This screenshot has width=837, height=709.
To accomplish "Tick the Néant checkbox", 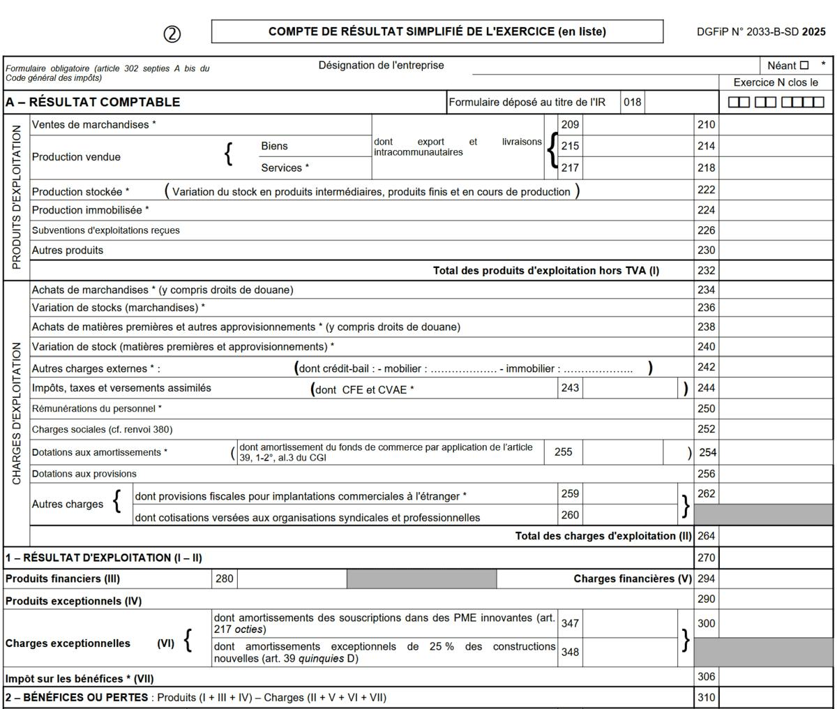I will click(x=804, y=66).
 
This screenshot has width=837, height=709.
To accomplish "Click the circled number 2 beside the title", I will click(x=172, y=33).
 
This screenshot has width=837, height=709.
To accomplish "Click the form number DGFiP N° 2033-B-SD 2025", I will click(x=761, y=32).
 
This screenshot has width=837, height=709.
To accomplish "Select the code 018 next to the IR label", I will click(x=633, y=103).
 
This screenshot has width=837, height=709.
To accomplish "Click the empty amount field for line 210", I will click(x=776, y=125).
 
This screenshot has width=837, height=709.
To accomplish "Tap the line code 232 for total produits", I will click(x=706, y=271).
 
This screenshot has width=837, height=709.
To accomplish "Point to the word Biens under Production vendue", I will click(x=274, y=146).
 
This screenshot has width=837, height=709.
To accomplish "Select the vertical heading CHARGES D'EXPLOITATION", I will click(x=16, y=413).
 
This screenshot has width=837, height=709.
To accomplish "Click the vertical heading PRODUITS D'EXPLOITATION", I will click(x=16, y=197).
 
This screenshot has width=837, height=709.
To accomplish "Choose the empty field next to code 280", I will click(x=292, y=579).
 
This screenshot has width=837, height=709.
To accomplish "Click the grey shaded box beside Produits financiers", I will click(x=421, y=579).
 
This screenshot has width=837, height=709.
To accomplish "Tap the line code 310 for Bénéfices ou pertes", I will click(x=706, y=697).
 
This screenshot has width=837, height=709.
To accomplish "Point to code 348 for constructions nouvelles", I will click(x=570, y=652).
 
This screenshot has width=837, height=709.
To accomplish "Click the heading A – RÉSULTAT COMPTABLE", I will click(x=93, y=103).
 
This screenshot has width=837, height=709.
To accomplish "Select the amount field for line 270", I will click(x=776, y=558).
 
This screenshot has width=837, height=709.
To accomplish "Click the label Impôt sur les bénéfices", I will click(x=80, y=678).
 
